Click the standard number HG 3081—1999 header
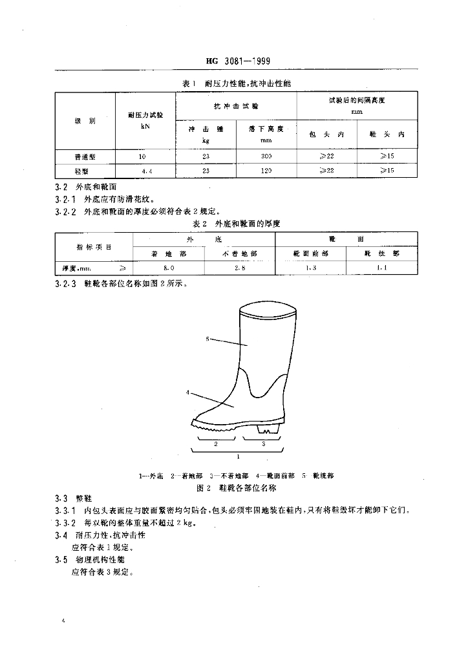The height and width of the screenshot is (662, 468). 237,62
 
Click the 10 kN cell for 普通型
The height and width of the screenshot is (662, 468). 142,157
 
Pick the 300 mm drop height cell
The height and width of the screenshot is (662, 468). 266,157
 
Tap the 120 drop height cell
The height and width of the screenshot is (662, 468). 266,171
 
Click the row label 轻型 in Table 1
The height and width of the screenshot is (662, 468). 85,171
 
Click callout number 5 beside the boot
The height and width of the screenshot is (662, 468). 207,338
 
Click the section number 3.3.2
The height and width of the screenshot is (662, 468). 67,523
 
